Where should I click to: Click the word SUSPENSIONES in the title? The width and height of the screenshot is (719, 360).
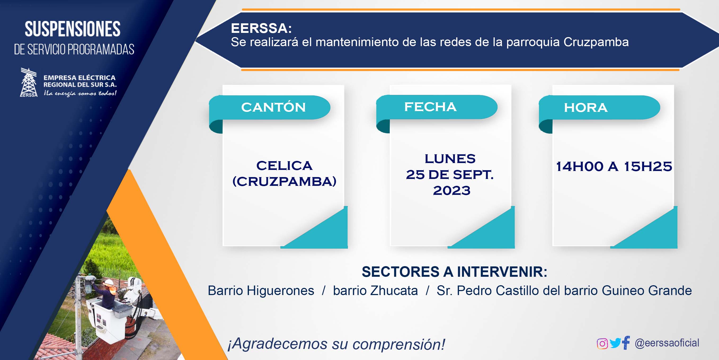(73, 29)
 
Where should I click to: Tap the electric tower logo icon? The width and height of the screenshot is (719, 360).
(28, 82)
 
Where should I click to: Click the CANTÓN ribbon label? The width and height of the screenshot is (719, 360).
(273, 107)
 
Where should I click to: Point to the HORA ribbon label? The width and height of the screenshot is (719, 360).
(586, 108)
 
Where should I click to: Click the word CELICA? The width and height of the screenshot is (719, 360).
(285, 166)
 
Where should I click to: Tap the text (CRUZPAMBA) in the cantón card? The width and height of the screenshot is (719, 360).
(285, 182)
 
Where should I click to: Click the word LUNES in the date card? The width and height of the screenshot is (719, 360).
(450, 159)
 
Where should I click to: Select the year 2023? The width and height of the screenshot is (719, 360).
(452, 191)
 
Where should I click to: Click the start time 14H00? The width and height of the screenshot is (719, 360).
(580, 166)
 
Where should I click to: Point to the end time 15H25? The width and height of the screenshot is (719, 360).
(648, 166)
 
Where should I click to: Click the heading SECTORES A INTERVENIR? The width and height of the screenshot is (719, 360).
(454, 272)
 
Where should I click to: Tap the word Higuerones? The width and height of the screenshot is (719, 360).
(281, 291)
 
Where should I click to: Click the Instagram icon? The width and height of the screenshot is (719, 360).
(602, 344)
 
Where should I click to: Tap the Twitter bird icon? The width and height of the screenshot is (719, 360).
(615, 343)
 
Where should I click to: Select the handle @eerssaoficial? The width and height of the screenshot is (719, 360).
(667, 343)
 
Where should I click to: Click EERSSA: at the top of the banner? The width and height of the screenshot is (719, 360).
(261, 28)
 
